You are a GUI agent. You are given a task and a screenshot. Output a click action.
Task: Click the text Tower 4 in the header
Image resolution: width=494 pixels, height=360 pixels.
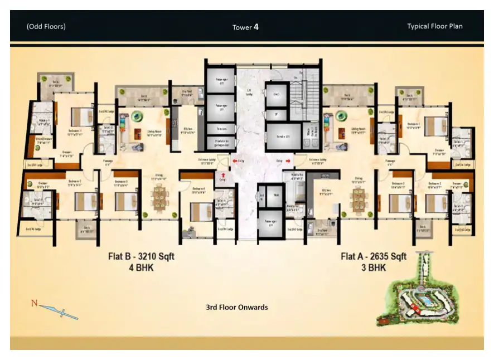245,27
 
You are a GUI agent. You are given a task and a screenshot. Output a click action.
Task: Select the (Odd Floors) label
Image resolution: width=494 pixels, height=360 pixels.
46,26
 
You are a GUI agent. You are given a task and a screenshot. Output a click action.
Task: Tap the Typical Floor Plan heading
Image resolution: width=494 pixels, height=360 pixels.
434,26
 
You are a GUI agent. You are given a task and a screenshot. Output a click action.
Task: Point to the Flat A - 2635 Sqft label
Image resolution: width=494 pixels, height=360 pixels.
374,257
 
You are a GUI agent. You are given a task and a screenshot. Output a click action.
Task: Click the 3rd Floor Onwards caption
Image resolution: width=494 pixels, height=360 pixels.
237,307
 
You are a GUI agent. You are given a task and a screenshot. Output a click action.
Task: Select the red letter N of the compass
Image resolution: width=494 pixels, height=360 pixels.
34,304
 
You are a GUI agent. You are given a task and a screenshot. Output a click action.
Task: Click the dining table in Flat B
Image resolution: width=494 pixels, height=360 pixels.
159,196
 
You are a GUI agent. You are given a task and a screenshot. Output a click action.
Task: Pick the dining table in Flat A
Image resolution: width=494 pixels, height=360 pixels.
357,196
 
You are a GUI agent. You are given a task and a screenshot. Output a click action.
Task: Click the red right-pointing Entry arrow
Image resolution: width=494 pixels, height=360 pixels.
288,160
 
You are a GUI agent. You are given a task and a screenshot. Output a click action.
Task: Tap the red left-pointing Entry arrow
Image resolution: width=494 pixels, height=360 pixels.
235,160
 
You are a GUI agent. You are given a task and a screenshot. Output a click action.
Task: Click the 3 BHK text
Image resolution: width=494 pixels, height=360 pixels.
374,267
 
